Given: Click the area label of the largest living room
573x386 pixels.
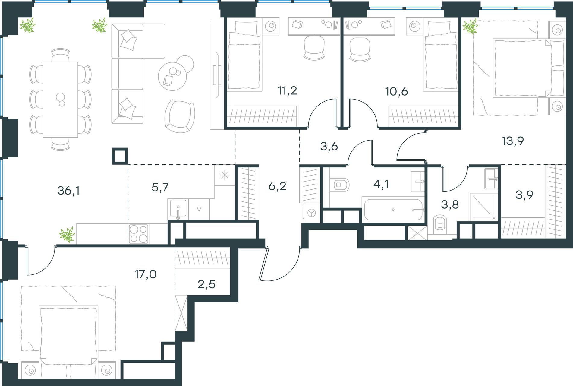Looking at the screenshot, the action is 68,191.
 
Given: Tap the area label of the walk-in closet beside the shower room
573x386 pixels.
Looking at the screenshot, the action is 524,195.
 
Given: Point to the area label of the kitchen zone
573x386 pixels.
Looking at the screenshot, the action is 160,188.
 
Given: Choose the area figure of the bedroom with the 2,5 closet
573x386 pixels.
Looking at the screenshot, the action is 145,275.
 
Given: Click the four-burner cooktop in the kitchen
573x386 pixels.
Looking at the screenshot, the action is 139,233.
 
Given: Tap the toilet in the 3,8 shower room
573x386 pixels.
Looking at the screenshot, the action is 440,224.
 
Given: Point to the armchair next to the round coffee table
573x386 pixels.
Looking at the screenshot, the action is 179,116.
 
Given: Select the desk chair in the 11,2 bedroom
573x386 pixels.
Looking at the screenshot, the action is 314,48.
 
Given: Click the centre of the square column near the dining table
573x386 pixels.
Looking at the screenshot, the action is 120,156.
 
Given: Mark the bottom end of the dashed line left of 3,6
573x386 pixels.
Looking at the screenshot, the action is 299,165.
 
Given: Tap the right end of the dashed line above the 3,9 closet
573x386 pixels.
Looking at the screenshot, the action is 565,164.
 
